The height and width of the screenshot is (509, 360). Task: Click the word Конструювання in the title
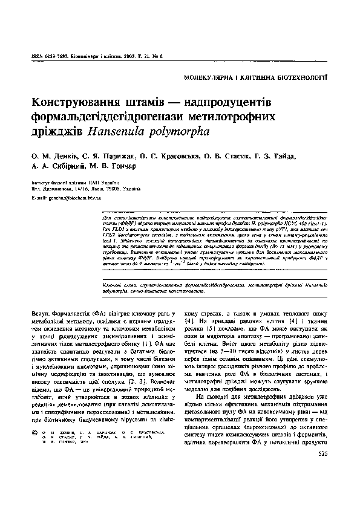point(72,100)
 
